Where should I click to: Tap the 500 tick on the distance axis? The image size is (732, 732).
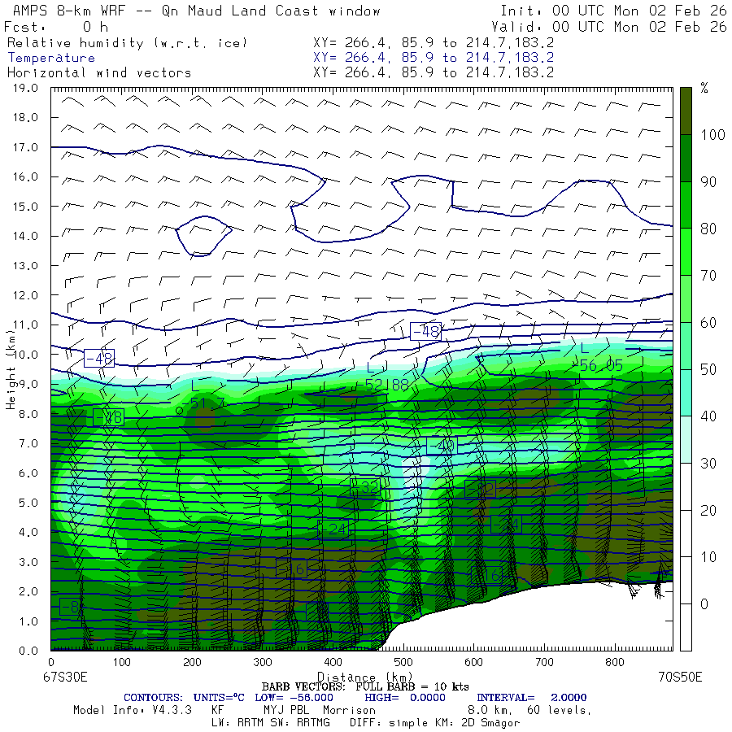click(403, 663)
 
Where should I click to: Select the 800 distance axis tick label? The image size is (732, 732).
click(615, 663)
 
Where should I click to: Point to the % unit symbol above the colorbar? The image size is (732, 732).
click(704, 89)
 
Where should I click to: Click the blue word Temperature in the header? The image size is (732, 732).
click(51, 58)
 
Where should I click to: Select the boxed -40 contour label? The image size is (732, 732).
click(442, 445)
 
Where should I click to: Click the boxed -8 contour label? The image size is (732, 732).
click(70, 607)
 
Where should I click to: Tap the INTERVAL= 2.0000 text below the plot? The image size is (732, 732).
click(531, 698)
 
